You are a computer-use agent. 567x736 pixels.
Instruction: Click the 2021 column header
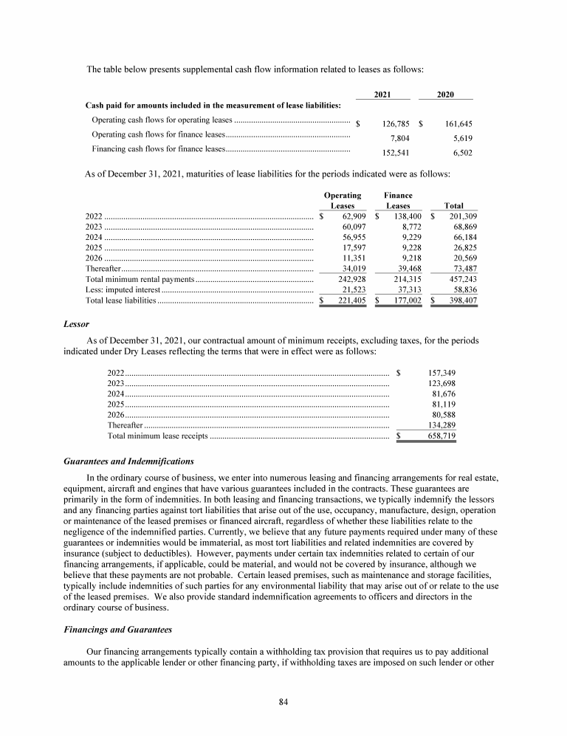(x=382, y=94)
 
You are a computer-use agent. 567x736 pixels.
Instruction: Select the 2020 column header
(x=445, y=94)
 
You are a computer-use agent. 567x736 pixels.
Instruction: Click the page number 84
(x=283, y=701)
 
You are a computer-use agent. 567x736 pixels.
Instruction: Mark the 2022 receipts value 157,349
(x=441, y=373)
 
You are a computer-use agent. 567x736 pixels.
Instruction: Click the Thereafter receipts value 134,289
(x=441, y=425)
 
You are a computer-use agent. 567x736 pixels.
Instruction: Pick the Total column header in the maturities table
(x=453, y=205)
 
